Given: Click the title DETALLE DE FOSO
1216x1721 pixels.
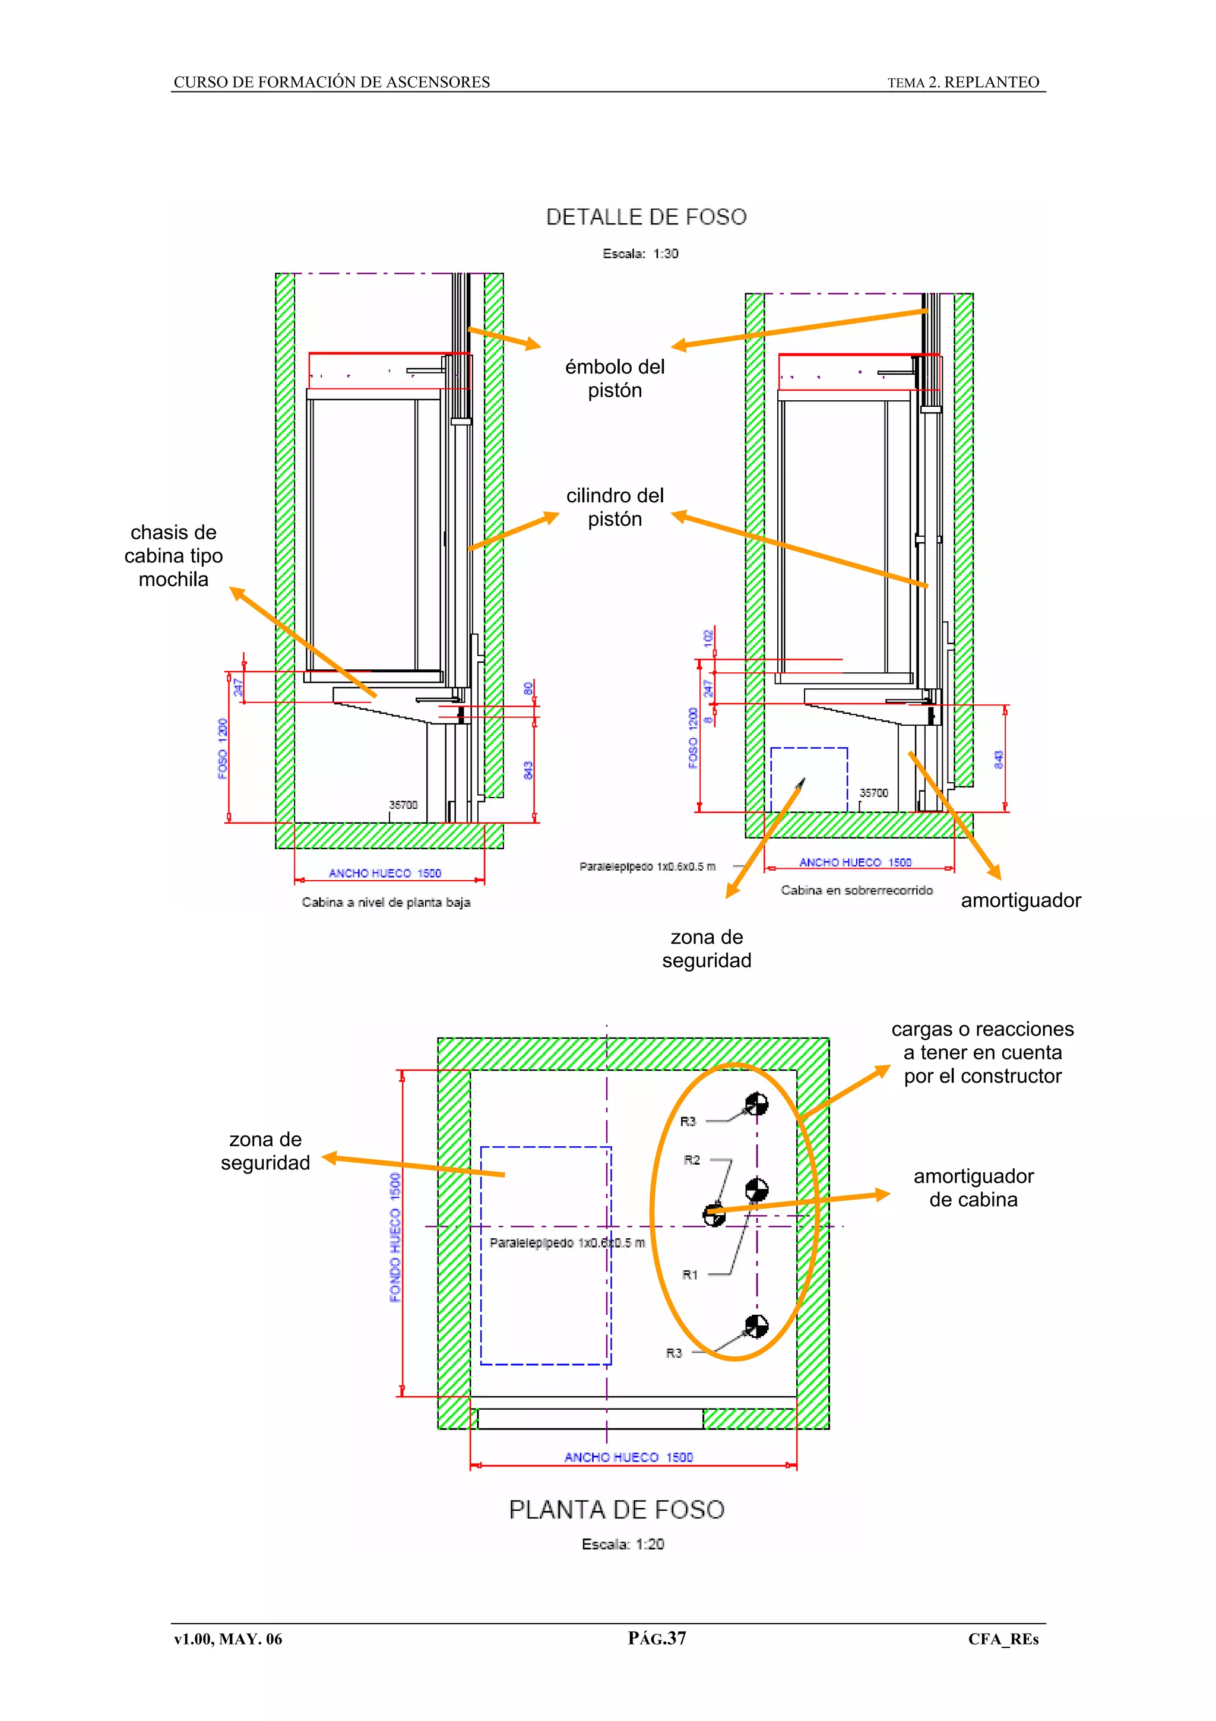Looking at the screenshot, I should [x=646, y=217].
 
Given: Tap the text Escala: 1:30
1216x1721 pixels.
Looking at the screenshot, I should [x=640, y=254].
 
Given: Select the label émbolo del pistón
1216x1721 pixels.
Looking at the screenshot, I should [x=615, y=378].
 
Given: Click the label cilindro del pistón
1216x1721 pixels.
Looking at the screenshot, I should [x=615, y=508].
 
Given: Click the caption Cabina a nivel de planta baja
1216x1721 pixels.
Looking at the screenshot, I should [x=386, y=903].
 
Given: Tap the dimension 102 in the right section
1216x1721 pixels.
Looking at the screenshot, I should [x=708, y=638].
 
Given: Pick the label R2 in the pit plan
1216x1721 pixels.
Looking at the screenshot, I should [x=692, y=1160].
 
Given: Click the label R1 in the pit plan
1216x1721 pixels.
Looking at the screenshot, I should [x=690, y=1274].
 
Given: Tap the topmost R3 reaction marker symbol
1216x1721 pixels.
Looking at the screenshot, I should [x=756, y=1103].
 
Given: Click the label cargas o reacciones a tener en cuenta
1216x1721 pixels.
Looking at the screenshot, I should [x=982, y=1052].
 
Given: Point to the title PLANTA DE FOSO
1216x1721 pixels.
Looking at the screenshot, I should [x=617, y=1509].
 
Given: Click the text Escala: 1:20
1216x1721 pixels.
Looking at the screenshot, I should [x=623, y=1544].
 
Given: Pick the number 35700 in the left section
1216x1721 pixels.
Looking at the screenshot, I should [x=403, y=805].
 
